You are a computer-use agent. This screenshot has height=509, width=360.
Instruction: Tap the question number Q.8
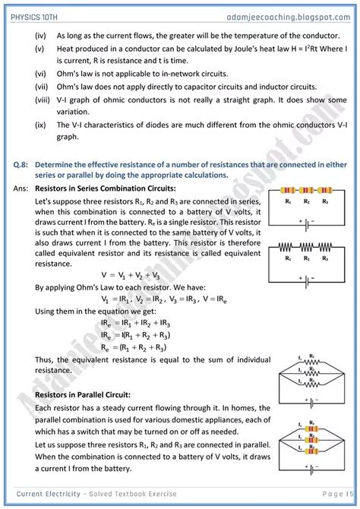pos(22,164)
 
